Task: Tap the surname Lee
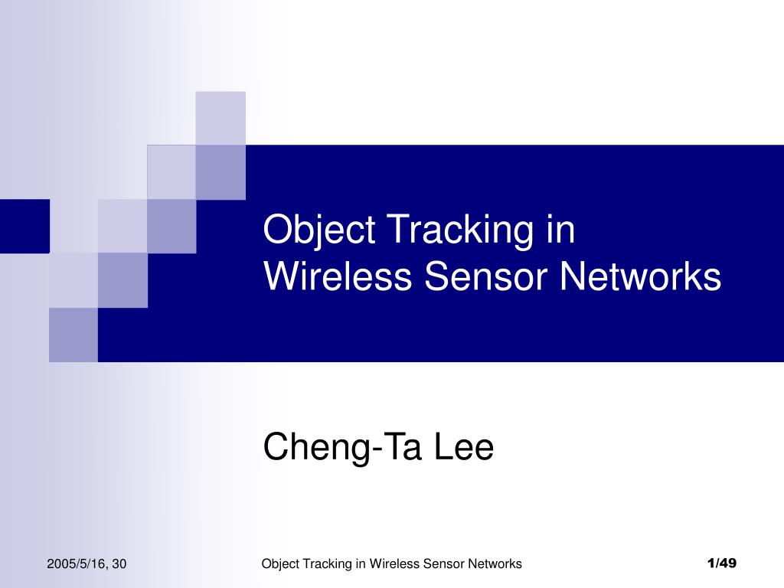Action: [464, 448]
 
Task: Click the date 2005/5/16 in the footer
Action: [75, 564]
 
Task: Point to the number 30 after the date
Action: [119, 564]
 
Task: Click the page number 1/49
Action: [722, 564]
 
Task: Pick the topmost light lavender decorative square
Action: [220, 118]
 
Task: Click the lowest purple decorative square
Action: [73, 335]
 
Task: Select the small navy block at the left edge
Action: [24, 226]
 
